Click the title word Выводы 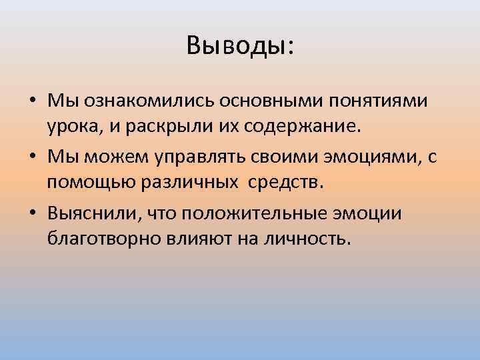(237, 47)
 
